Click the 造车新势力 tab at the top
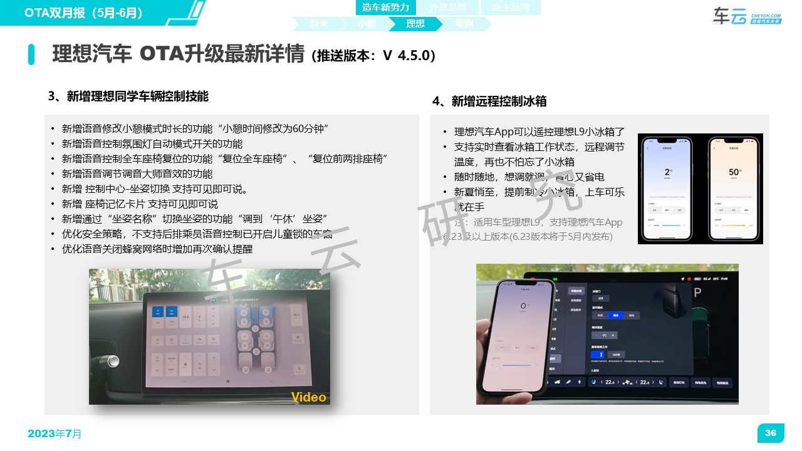tap(385, 8)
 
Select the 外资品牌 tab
tap(448, 8)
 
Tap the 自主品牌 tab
tap(510, 8)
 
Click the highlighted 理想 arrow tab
tap(415, 24)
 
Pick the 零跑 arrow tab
tap(464, 24)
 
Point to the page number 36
tap(771, 433)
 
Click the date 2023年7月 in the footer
tap(55, 433)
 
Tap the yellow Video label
tap(309, 397)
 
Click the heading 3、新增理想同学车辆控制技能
tap(128, 96)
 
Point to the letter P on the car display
tap(697, 293)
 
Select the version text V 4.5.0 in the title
tap(408, 55)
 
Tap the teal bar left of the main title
tap(31, 54)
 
